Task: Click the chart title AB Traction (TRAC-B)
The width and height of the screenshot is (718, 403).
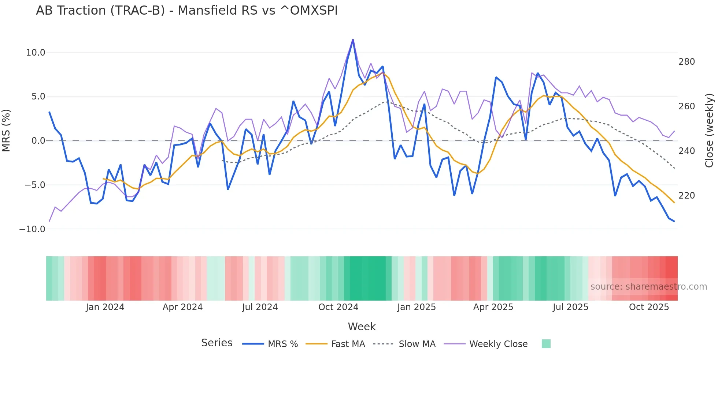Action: (186, 11)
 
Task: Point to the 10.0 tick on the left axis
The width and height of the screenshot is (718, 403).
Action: (36, 53)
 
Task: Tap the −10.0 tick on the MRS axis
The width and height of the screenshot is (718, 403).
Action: (32, 229)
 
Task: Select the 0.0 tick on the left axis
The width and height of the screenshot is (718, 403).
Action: (38, 141)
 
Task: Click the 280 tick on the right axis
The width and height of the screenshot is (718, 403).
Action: (686, 62)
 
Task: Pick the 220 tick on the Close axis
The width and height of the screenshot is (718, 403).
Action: (686, 196)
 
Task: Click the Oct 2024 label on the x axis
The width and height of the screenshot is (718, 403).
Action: (338, 307)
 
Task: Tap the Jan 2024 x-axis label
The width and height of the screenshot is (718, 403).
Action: (105, 307)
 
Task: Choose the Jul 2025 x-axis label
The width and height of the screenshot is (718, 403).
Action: (570, 307)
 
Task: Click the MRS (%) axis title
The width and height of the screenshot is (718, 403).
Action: (6, 130)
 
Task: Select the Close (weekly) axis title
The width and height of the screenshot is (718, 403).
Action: (709, 131)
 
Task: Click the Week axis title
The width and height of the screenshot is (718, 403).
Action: (362, 327)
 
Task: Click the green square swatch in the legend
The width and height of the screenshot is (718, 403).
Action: (546, 344)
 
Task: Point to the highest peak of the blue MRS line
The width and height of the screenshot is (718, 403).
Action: (353, 40)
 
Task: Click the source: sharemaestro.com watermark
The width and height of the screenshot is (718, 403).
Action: (648, 287)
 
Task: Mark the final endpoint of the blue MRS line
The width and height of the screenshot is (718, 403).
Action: (674, 221)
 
